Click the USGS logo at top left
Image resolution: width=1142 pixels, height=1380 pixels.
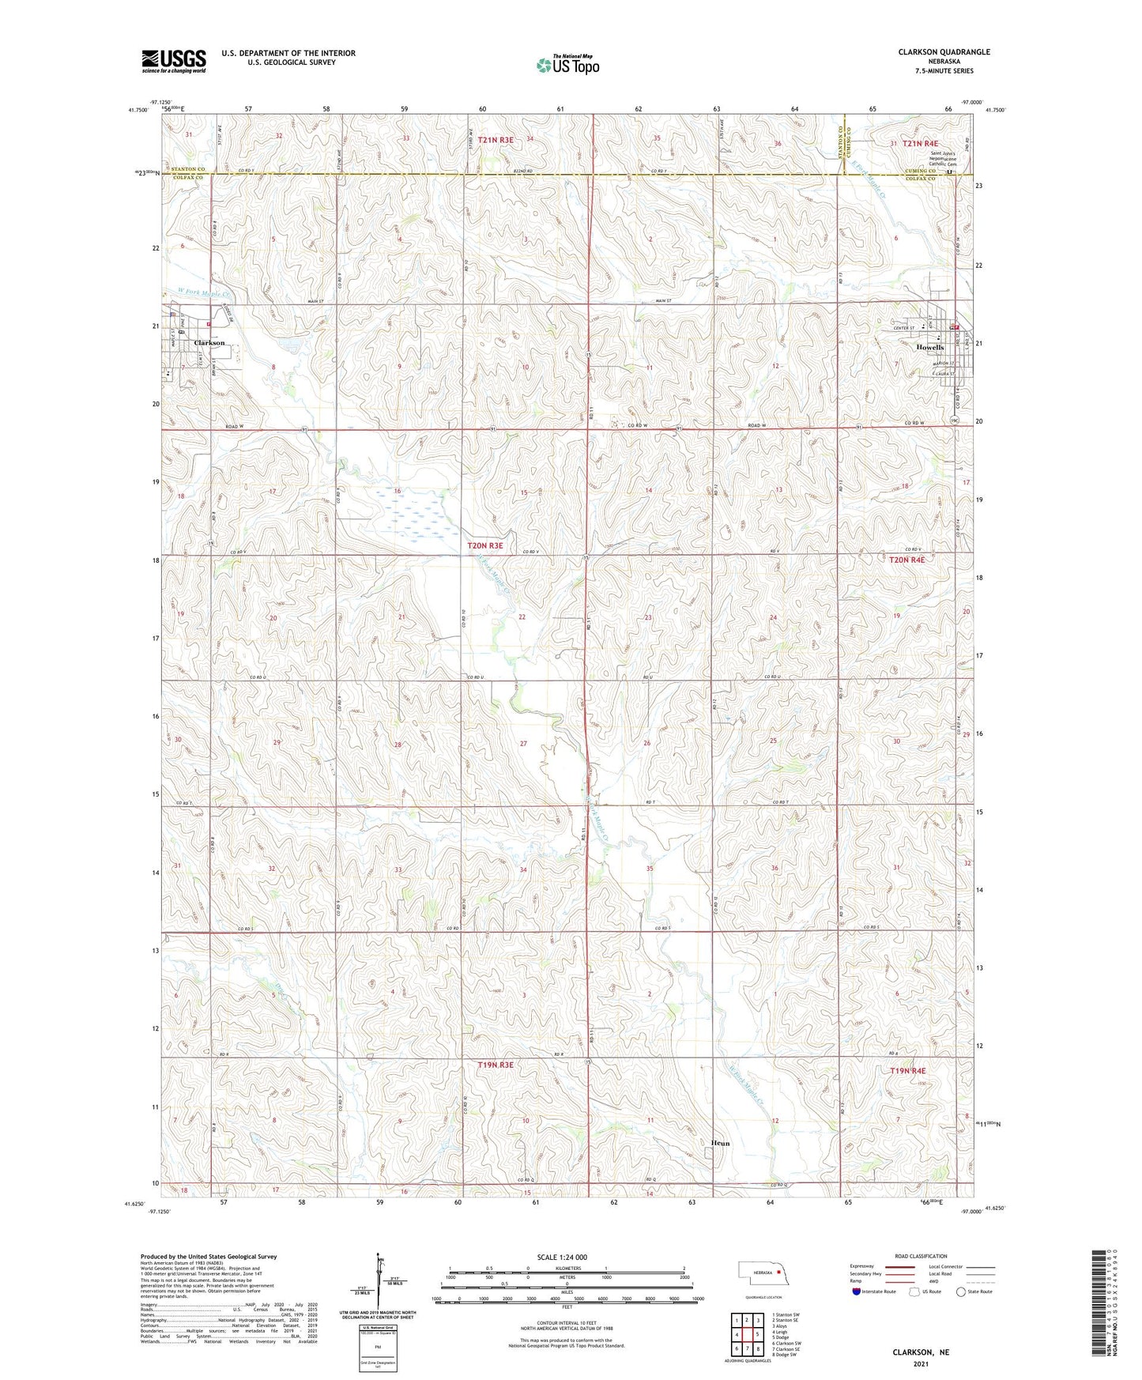[x=174, y=61]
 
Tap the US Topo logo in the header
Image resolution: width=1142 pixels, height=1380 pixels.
[x=567, y=65]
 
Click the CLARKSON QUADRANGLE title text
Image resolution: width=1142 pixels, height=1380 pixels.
[x=944, y=52]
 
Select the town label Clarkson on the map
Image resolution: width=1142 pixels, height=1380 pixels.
[x=209, y=343]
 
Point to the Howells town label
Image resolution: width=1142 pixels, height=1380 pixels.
[x=930, y=348]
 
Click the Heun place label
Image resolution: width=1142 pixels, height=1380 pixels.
[x=720, y=1143]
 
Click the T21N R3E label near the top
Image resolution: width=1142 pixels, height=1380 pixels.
[x=490, y=140]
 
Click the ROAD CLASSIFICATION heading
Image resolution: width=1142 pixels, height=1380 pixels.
[x=922, y=1256]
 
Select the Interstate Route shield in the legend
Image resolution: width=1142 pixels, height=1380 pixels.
[x=857, y=1292]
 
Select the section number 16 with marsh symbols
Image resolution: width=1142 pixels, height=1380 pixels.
[x=398, y=491]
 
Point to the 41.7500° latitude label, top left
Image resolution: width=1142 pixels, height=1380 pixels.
[x=136, y=111]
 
